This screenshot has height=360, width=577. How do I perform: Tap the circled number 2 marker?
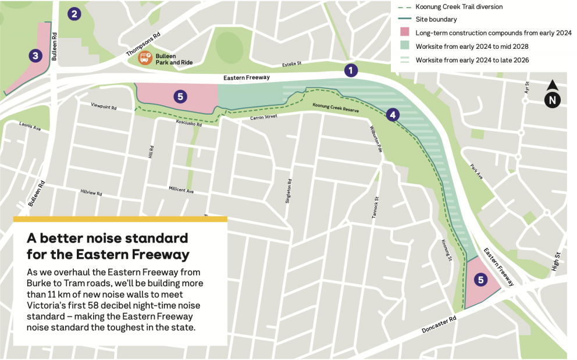pyautogui.click(x=74, y=14)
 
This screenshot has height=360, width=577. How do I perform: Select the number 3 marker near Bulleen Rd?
pyautogui.click(x=36, y=56)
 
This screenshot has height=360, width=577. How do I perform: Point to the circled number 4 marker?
pyautogui.click(x=393, y=115)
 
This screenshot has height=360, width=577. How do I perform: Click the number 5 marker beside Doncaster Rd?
pyautogui.click(x=480, y=280)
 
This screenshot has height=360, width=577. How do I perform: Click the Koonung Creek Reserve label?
pyautogui.click(x=336, y=108)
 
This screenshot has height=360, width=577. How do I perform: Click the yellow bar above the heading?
pyautogui.click(x=120, y=219)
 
